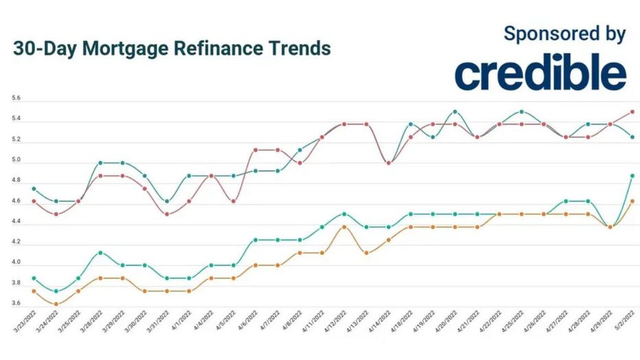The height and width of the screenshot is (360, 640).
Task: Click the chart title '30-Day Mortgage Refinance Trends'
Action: pyautogui.click(x=172, y=49)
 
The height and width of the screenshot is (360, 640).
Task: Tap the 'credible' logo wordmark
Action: pyautogui.click(x=540, y=74)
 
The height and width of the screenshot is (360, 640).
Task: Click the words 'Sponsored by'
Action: pyautogui.click(x=564, y=33)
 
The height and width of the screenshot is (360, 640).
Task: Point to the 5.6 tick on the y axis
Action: pyautogui.click(x=16, y=99)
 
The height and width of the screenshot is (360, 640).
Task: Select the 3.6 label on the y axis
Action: pyautogui.click(x=16, y=304)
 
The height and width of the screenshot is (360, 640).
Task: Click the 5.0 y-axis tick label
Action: pyautogui.click(x=16, y=161)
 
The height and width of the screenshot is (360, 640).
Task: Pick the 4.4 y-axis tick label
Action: pyautogui.click(x=16, y=222)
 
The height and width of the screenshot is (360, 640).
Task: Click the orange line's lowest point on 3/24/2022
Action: pyautogui.click(x=56, y=304)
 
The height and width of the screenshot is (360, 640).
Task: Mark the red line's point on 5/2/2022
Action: pyautogui.click(x=632, y=111)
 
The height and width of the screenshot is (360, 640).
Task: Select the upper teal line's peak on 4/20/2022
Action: pyautogui.click(x=455, y=111)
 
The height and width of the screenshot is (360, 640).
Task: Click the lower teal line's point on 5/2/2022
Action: pyautogui.click(x=632, y=176)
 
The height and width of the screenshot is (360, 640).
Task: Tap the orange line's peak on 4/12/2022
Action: pyautogui.click(x=344, y=227)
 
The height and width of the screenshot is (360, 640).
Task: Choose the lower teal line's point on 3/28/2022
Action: pyautogui.click(x=100, y=253)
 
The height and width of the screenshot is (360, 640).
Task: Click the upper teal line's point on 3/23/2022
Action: pyautogui.click(x=33, y=188)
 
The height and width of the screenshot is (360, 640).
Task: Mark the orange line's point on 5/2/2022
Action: pyautogui.click(x=632, y=201)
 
